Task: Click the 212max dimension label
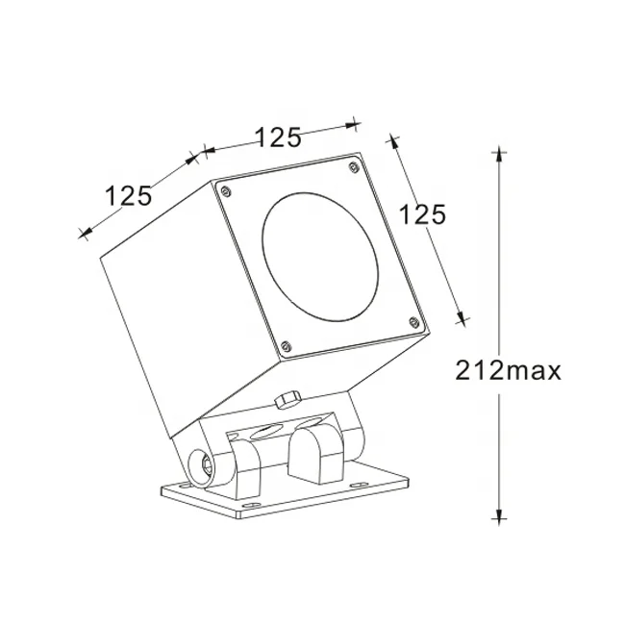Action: pyautogui.click(x=503, y=370)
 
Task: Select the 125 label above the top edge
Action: pyautogui.click(x=278, y=137)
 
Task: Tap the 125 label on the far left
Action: pyautogui.click(x=128, y=196)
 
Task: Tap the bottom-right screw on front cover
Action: pyautogui.click(x=413, y=322)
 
